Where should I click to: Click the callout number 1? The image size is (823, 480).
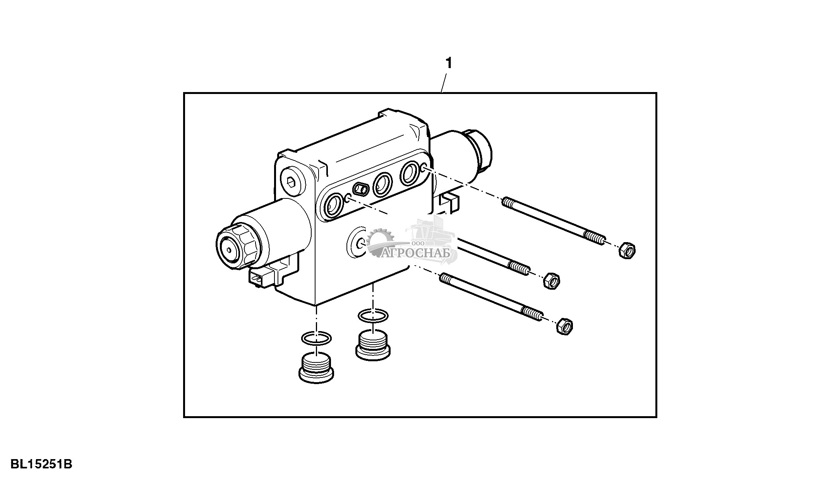tap(449, 63)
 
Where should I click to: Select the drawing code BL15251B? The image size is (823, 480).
tap(41, 464)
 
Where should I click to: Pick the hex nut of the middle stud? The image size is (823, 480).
tap(551, 280)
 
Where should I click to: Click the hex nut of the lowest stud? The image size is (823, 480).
tap(565, 326)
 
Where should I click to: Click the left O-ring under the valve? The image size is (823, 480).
tap(317, 338)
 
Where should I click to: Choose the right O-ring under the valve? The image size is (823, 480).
tap(373, 316)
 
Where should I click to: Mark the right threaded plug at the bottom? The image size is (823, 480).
tap(372, 345)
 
